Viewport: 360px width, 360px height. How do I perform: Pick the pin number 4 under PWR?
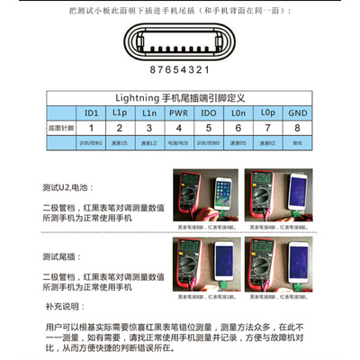pos(181,129)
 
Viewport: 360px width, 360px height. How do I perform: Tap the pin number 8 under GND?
pos(299,129)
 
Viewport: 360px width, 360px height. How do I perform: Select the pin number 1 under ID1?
pos(90,129)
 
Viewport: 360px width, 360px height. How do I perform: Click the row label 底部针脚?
pos(58,129)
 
